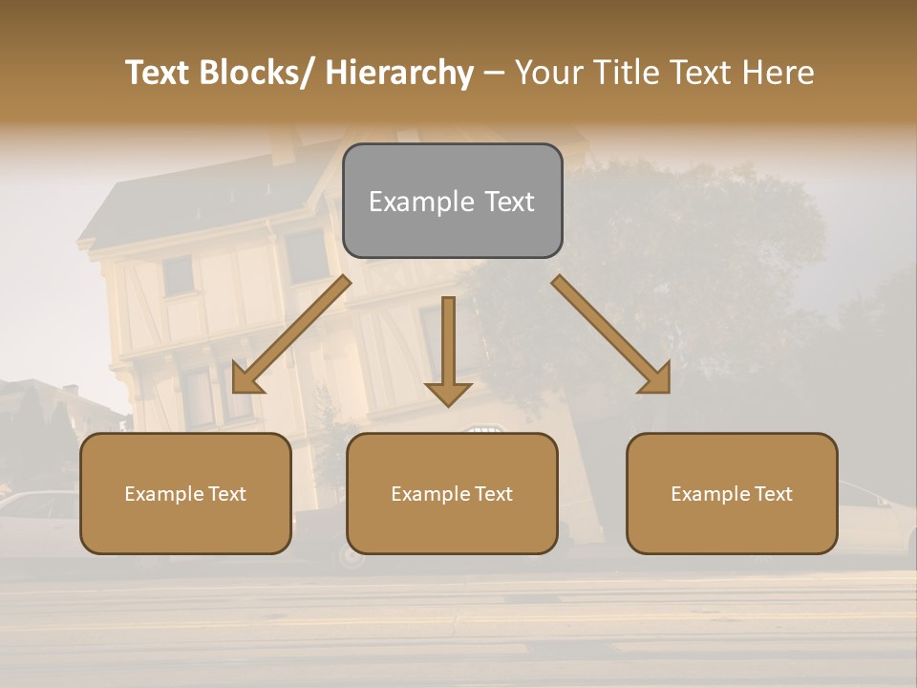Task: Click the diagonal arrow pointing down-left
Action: (x=291, y=334)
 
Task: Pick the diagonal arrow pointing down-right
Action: (x=611, y=334)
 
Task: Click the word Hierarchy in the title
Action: (x=399, y=73)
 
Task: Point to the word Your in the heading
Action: (x=548, y=73)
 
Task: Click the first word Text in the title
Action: (x=158, y=73)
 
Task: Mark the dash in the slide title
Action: (x=494, y=73)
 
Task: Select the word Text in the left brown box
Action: (x=225, y=494)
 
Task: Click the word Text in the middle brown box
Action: (x=492, y=494)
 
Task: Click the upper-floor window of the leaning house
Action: (x=178, y=275)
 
